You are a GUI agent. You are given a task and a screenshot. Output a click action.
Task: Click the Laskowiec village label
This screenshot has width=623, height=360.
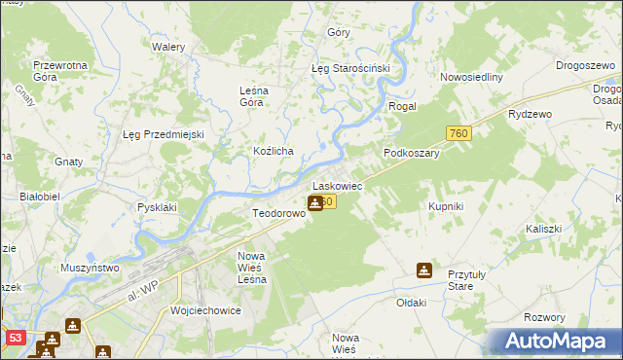coord(337,185)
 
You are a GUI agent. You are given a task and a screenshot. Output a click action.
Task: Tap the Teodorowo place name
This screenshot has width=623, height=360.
coord(279,213)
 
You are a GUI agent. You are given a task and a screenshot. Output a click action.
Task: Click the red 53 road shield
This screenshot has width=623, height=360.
coord(15,337)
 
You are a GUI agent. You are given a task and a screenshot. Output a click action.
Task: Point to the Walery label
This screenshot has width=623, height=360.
coord(168,46)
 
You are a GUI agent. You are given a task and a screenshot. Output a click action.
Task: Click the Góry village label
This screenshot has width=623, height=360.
coord(339,31)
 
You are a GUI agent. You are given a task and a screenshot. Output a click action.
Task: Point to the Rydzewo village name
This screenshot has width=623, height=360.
coord(530,114)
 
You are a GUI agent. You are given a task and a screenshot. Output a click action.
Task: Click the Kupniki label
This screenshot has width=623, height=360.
coord(446,207)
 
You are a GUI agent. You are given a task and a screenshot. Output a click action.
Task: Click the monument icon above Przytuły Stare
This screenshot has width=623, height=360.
coord(424,270)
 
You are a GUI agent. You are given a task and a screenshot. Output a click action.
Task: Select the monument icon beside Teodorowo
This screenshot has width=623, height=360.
coord(315,203)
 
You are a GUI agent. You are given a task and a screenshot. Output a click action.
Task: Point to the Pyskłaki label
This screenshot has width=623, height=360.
coord(157,207)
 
